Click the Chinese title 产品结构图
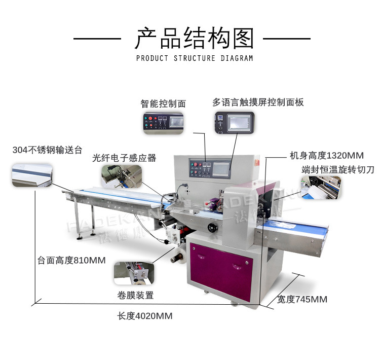coord(194,39)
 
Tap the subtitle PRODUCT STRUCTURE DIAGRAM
coord(194,58)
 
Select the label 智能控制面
coord(163,103)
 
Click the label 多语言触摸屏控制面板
coord(258,102)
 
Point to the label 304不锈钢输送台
coord(47,150)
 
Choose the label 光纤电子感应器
coord(124,158)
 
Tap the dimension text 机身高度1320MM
coord(326,155)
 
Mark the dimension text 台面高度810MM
coord(71,261)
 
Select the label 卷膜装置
coord(135,295)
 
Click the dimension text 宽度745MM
coord(302,299)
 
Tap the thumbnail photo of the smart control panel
coord(163,123)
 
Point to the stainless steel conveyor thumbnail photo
coord(32,175)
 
